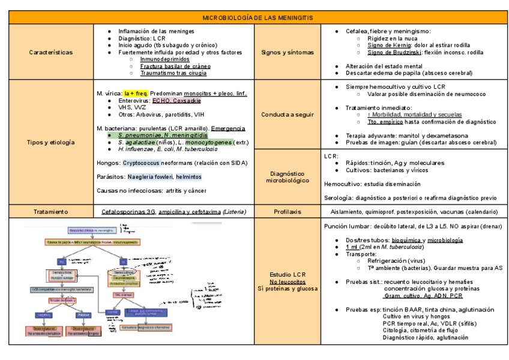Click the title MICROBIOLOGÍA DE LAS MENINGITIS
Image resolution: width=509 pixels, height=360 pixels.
coord(258,18)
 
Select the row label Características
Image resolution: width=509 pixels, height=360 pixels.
coord(50,52)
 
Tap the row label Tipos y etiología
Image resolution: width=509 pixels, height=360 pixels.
coord(50,142)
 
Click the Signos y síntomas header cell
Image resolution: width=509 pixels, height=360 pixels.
coord(288,52)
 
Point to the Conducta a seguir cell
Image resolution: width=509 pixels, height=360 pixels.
coord(288,114)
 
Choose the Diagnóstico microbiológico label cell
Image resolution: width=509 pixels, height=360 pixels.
coord(288,176)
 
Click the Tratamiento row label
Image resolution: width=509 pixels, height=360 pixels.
coord(50,211)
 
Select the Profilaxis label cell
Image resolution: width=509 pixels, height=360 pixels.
coord(288,211)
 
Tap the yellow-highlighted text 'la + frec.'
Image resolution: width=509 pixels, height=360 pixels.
coord(136,94)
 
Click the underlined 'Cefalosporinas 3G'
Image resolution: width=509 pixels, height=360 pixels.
coord(128,211)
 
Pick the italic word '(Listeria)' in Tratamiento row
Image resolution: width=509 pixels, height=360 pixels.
coord(234,211)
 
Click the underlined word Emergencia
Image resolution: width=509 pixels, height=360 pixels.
coord(228,128)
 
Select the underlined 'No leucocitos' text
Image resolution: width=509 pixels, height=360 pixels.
coord(288,281)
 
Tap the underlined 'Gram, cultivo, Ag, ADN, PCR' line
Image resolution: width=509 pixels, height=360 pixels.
coord(423,296)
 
